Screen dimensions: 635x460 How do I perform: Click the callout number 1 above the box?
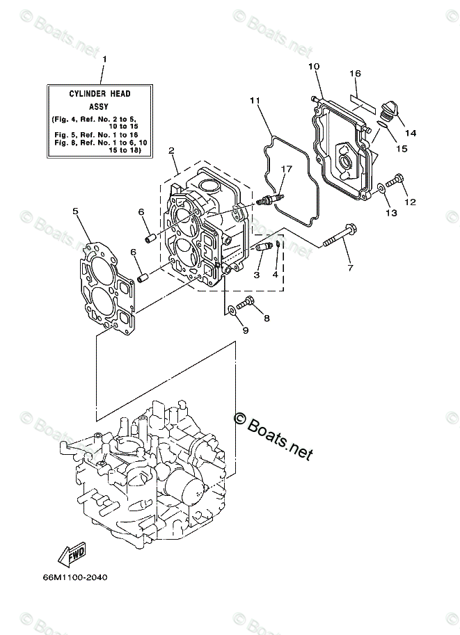click(x=104, y=59)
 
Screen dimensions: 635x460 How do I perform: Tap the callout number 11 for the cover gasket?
click(x=255, y=101)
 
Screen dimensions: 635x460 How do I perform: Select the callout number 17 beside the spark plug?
click(x=286, y=168)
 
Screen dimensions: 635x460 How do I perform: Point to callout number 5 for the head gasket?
click(x=75, y=211)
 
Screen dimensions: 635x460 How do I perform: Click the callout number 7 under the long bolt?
click(x=350, y=268)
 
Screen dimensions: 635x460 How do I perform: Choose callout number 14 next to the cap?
click(x=409, y=133)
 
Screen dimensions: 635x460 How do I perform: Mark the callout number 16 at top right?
click(x=355, y=73)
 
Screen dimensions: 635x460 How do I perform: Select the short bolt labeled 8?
click(x=244, y=303)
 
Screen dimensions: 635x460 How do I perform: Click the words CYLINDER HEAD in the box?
click(x=100, y=93)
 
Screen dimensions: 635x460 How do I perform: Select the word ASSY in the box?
click(x=100, y=106)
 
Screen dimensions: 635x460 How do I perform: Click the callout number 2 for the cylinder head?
click(x=171, y=150)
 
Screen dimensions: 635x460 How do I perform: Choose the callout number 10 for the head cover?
click(x=313, y=66)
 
